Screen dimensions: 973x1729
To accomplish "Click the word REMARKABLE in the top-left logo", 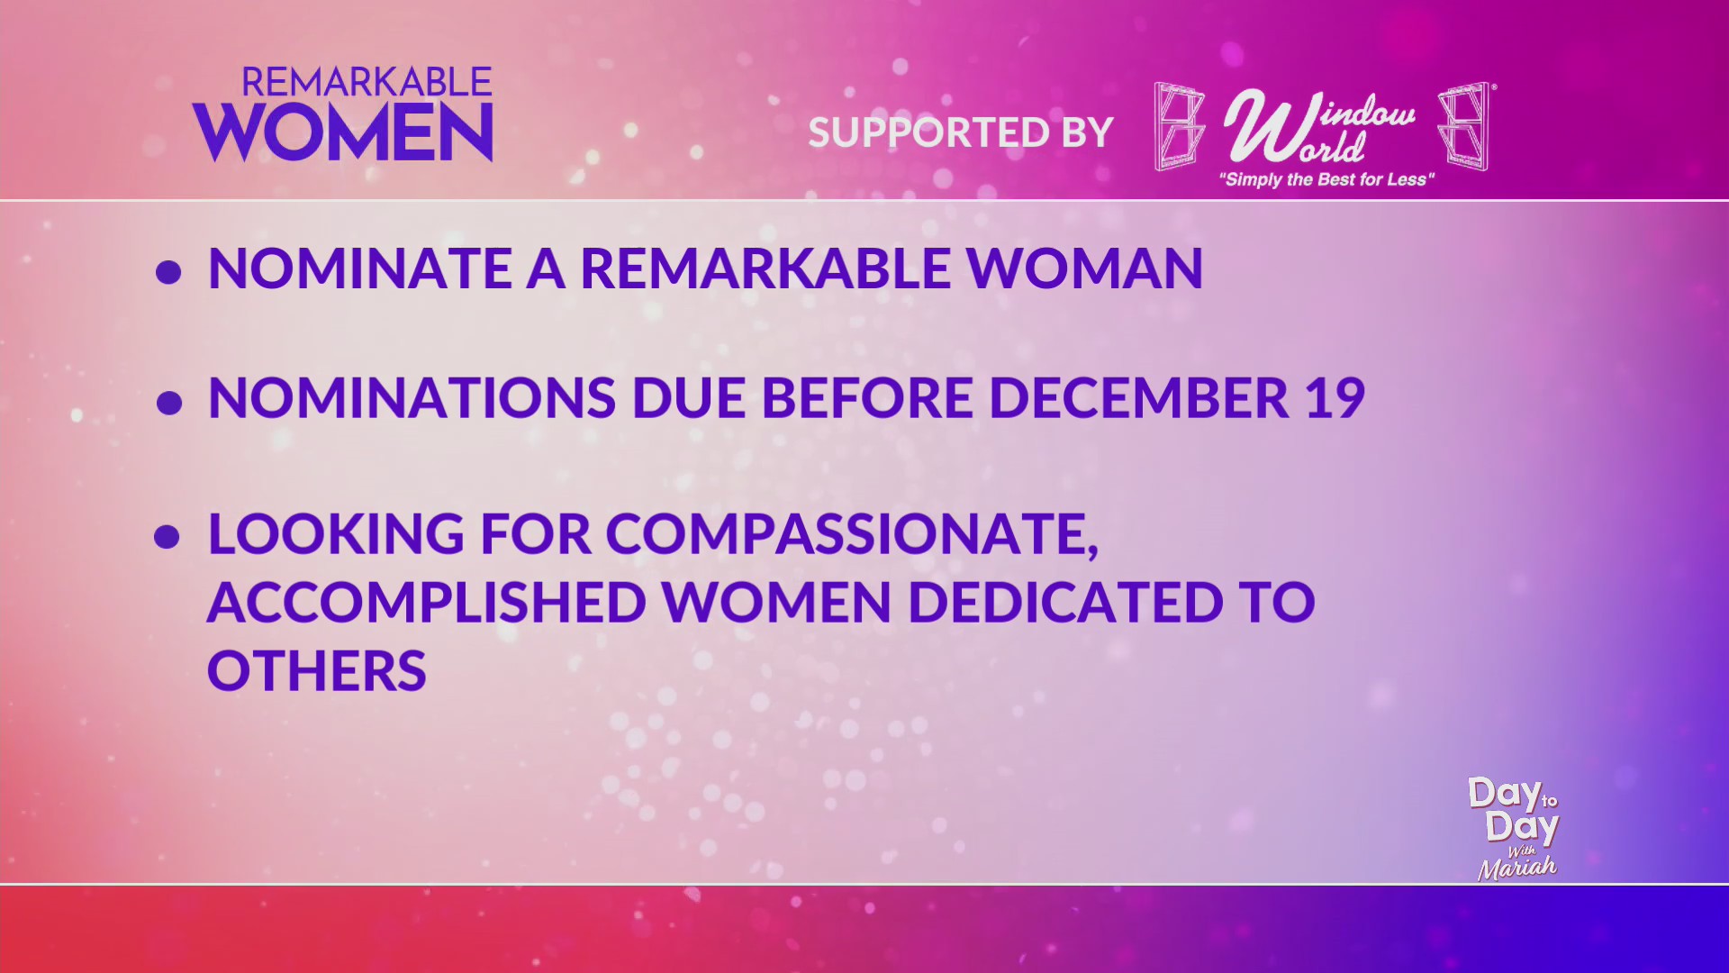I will point(367,83).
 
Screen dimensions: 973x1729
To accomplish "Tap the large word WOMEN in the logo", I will point(343,132).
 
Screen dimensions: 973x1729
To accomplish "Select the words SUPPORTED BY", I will point(961,132).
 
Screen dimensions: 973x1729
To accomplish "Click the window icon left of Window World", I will point(1179,127).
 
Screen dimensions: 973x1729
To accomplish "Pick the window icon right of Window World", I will point(1464,127).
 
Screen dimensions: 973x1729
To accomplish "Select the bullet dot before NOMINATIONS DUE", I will point(168,402).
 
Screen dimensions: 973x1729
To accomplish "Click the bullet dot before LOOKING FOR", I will point(167,537).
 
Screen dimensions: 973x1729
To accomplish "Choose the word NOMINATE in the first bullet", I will point(359,268).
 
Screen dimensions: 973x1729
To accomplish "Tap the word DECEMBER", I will point(1138,397).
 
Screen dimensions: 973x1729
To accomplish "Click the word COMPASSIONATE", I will point(852,534).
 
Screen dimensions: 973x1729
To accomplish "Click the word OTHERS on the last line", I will point(317,671).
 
